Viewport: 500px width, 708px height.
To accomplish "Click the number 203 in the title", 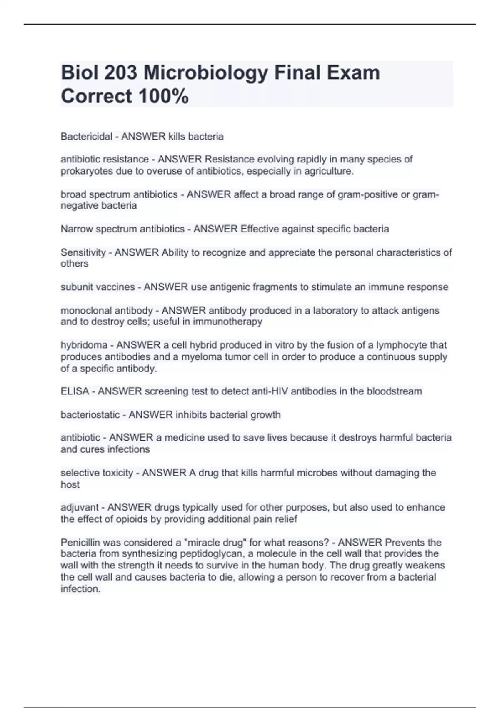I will [120, 72].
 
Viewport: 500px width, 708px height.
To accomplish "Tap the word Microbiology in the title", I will [206, 73].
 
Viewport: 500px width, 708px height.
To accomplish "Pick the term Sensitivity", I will [83, 252].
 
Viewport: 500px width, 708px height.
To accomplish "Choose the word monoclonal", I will [86, 310].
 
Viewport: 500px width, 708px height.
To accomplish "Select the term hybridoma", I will [84, 345].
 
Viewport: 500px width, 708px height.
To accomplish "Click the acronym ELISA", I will [75, 391].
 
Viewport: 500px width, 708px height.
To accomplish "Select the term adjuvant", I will [80, 507].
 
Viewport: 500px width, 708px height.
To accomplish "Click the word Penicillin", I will [81, 542].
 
